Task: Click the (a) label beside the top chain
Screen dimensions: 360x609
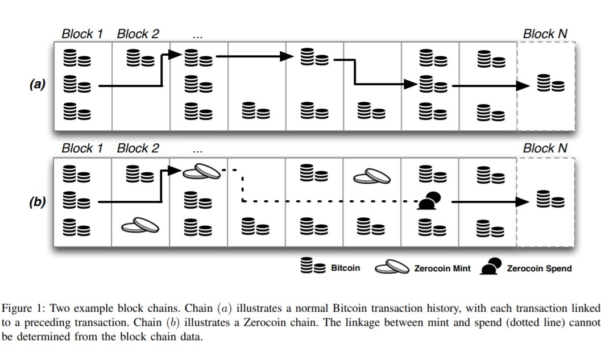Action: click(38, 85)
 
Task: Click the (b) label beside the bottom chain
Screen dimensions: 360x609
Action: click(38, 201)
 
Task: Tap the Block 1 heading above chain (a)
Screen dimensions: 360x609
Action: click(82, 34)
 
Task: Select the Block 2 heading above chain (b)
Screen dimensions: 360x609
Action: click(138, 148)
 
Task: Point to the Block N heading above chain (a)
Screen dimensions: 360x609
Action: click(545, 34)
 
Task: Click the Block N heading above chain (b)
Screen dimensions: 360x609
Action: click(545, 148)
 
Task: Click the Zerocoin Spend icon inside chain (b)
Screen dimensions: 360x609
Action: click(430, 201)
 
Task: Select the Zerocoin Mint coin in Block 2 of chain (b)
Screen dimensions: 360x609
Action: click(140, 226)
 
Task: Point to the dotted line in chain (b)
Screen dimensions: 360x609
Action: click(330, 201)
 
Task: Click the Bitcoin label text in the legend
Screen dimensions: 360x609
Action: click(345, 268)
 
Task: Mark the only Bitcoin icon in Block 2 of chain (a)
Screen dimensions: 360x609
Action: click(140, 57)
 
